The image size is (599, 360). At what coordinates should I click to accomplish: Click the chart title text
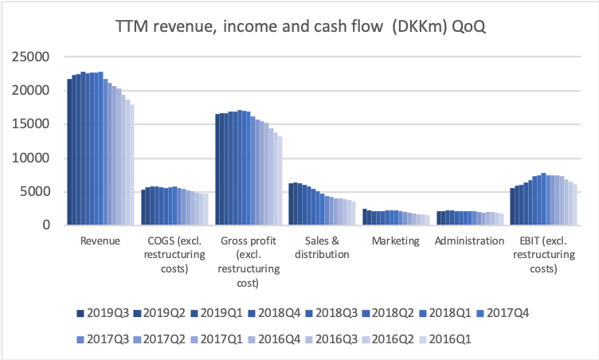300,26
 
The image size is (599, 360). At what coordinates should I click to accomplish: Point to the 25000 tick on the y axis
30,57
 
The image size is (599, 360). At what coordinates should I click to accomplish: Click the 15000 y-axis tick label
30,124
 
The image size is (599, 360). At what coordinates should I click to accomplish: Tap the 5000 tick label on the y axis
35,191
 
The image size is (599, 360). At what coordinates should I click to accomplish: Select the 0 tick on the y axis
46,225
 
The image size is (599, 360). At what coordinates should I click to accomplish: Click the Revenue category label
100,241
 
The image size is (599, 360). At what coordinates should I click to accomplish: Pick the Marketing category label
395,241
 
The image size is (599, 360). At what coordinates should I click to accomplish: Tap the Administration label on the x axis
469,241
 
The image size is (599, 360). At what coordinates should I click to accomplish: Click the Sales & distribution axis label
322,248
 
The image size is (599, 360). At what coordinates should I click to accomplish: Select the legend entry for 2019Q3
103,313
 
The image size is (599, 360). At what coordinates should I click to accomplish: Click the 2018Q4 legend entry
274,313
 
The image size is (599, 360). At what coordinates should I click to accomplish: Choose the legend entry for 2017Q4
503,313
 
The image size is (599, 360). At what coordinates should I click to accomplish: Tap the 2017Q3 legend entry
103,339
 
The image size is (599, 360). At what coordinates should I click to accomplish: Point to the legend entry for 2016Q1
445,339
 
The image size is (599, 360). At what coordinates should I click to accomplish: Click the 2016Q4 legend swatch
252,339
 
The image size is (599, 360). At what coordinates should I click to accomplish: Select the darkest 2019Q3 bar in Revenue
69,152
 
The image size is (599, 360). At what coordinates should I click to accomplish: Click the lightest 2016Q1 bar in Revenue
132,165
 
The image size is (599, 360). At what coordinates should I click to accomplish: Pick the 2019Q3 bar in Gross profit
217,170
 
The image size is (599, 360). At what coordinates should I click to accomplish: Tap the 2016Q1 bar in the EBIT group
574,205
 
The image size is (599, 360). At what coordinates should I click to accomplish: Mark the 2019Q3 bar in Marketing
365,217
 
